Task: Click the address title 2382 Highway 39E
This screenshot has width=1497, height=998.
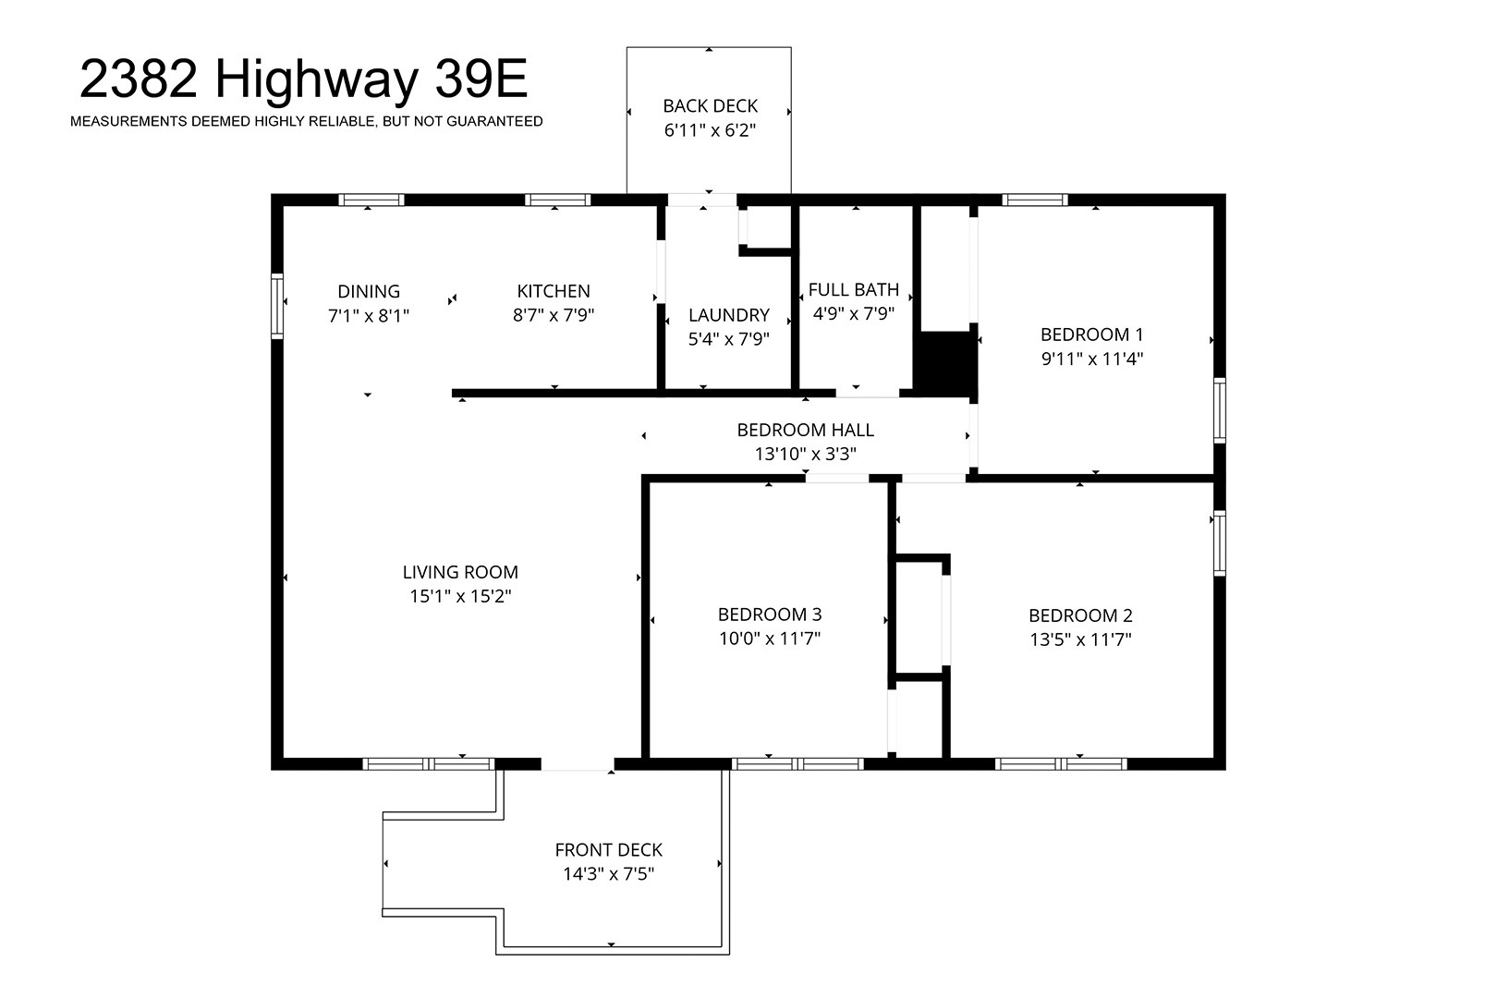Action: (303, 79)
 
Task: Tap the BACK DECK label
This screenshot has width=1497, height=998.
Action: (710, 105)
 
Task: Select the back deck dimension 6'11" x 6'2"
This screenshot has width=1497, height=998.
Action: (710, 129)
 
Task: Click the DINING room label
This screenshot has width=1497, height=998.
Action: (368, 291)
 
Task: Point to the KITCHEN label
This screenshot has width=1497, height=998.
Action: (554, 291)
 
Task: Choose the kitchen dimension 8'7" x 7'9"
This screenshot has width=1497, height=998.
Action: (554, 315)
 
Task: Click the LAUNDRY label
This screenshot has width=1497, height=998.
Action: (729, 315)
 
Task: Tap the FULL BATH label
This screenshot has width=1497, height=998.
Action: (854, 289)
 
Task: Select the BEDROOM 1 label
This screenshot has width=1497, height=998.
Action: (1092, 335)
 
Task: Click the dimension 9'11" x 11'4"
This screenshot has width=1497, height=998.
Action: (1092, 359)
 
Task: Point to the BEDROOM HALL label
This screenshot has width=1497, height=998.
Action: (805, 430)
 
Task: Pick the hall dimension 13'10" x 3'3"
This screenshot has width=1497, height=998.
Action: (805, 454)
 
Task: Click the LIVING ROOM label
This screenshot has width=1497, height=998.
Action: (460, 572)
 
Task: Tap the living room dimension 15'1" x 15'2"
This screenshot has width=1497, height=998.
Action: (460, 596)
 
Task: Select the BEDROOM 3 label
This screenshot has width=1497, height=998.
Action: (770, 615)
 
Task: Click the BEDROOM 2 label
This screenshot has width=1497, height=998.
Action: (1080, 615)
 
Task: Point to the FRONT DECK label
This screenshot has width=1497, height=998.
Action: (608, 850)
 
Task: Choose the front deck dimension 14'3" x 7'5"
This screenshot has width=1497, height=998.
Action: (608, 873)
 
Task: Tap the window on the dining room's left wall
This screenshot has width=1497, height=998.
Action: (276, 306)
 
